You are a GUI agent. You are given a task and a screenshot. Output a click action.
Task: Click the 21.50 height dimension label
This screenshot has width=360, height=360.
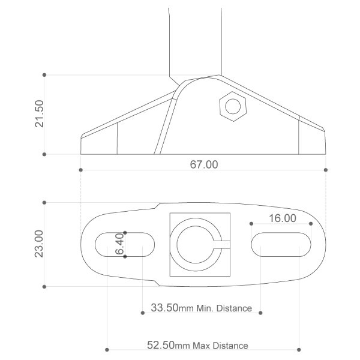(39, 113)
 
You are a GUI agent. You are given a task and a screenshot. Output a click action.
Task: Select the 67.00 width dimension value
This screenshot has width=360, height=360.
(204, 164)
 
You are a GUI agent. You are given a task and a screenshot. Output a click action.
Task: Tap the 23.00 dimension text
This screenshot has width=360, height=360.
(39, 244)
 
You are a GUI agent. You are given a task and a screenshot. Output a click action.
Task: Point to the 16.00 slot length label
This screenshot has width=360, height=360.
(283, 218)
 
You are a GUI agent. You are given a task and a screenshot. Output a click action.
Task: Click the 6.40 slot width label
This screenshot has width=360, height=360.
(119, 244)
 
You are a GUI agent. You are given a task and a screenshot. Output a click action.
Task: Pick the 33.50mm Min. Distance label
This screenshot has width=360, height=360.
(201, 308)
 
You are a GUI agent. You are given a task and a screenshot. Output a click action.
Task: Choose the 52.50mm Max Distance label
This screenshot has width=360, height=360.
(197, 345)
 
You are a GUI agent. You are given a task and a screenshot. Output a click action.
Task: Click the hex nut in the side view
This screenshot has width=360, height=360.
(233, 106)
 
